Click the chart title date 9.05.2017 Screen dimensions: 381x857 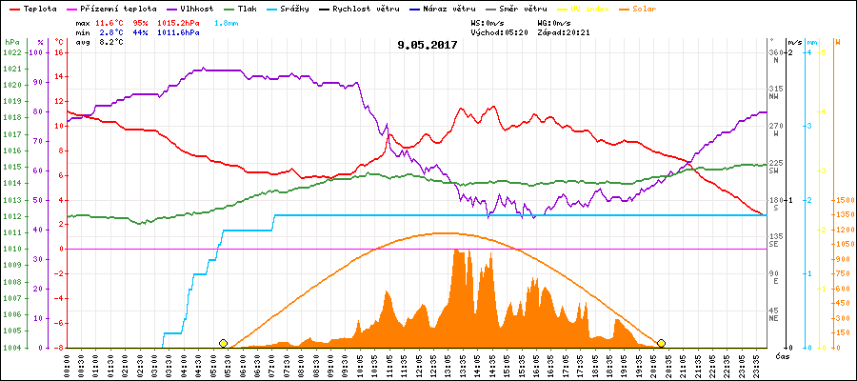(428, 44)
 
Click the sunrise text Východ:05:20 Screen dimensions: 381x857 (499, 32)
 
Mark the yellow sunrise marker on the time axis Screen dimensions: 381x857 (223, 343)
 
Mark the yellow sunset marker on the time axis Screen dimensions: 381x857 (661, 343)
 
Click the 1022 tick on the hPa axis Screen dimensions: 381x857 (11, 52)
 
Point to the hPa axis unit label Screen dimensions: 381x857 (11, 42)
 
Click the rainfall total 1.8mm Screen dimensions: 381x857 (226, 21)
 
